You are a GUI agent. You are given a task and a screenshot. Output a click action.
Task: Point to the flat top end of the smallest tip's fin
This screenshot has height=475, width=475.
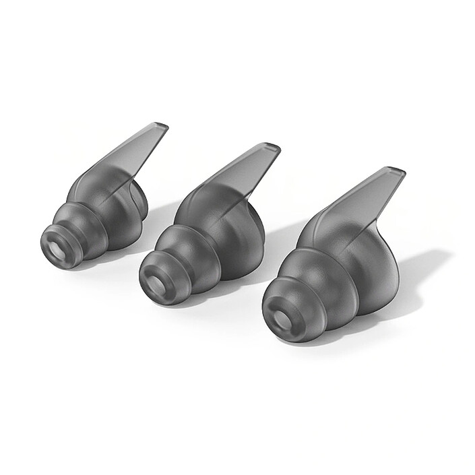click(160, 126)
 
